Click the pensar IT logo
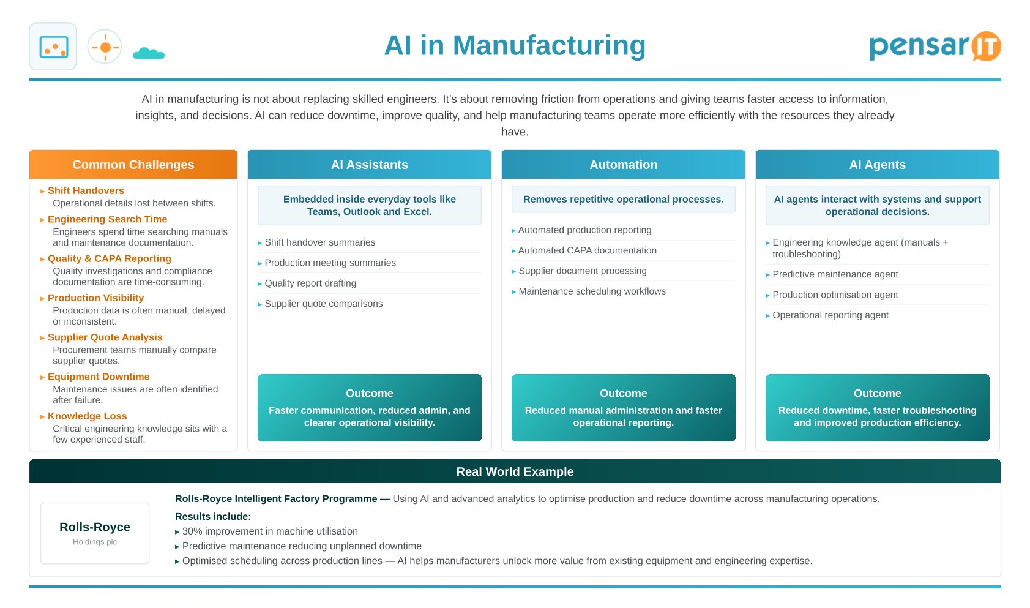tap(935, 47)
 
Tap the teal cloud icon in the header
tap(149, 53)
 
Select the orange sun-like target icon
tap(105, 47)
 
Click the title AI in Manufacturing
tap(515, 45)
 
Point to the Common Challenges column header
tap(133, 165)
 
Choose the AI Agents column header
tap(878, 165)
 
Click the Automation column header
tap(623, 165)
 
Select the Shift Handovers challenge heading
tap(86, 190)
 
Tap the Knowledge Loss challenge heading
tap(88, 416)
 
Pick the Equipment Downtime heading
tap(99, 376)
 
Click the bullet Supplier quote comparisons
tap(324, 304)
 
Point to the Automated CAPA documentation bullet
tap(588, 250)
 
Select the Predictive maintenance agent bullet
tap(835, 274)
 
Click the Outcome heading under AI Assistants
tap(369, 393)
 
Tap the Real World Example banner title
tap(515, 471)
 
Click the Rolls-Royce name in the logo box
tap(95, 527)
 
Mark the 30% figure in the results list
tap(192, 531)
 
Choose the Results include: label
tap(213, 517)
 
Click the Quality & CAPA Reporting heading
tap(110, 258)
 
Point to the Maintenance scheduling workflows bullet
tap(592, 291)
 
